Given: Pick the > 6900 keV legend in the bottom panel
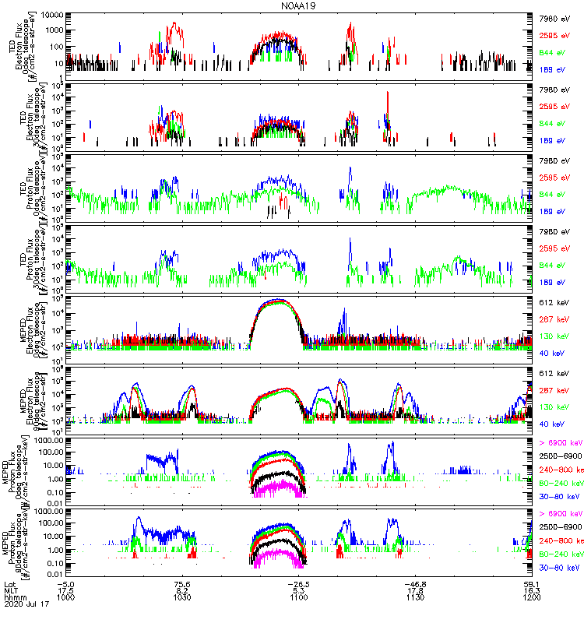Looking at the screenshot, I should click(561, 514).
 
